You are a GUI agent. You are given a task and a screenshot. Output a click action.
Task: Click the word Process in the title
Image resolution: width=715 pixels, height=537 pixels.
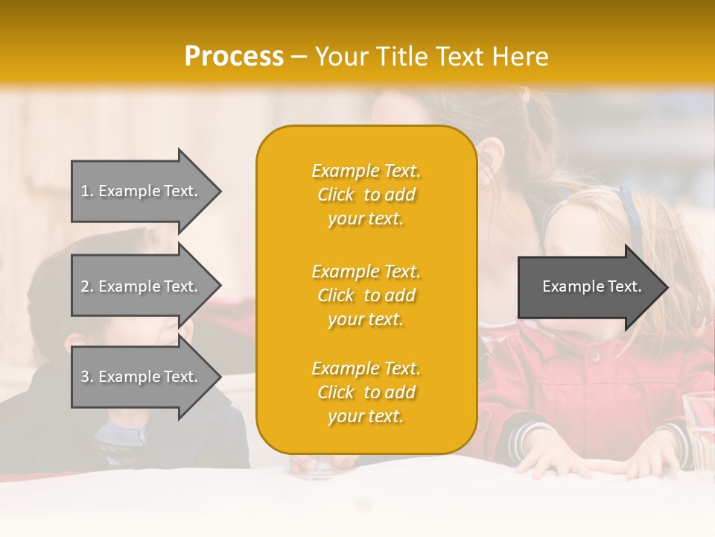(234, 57)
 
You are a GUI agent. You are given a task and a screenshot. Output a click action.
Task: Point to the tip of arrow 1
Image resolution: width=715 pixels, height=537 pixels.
(219, 191)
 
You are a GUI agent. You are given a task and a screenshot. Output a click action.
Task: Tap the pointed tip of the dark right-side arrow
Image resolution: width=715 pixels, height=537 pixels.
(666, 287)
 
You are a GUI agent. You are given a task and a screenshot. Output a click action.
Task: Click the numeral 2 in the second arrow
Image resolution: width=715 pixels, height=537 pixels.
(85, 286)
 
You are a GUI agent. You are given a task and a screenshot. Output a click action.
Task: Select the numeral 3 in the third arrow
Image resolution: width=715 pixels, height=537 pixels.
(85, 377)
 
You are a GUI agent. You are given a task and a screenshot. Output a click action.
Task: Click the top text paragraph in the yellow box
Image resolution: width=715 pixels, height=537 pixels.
(366, 195)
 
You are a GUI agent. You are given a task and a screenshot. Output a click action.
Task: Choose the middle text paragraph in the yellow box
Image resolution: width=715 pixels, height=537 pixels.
(366, 295)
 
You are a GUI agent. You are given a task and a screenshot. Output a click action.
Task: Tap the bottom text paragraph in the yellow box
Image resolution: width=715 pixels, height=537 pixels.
(366, 392)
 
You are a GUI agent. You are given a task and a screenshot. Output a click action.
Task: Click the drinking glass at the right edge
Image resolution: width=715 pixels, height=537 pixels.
(698, 425)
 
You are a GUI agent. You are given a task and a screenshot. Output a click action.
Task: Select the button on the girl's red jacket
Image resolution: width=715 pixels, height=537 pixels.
(594, 357)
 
